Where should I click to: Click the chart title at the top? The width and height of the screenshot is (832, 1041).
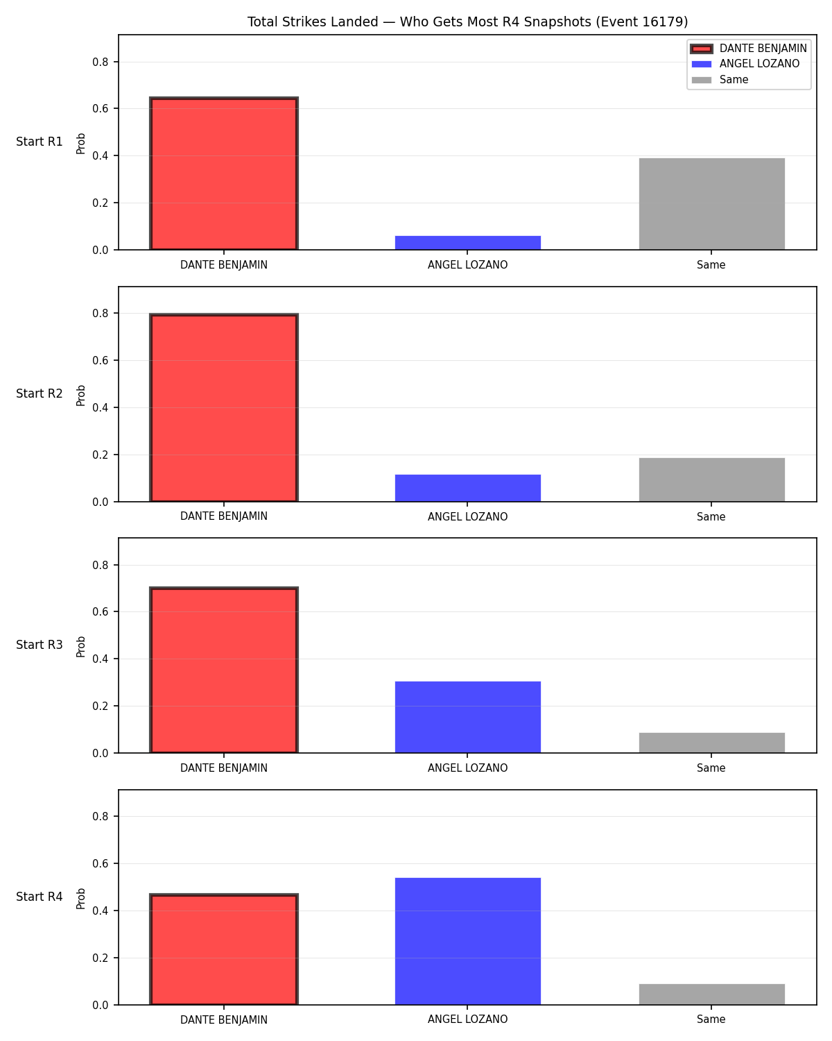tap(467, 22)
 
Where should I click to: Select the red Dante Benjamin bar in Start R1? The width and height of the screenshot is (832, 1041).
tap(223, 173)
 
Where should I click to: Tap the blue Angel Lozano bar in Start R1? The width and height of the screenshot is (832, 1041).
tap(467, 242)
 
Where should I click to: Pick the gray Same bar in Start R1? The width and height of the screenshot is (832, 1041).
tap(711, 203)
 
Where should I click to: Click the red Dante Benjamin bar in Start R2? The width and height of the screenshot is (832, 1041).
tap(223, 407)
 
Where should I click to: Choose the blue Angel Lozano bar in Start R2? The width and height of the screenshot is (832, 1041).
tap(467, 488)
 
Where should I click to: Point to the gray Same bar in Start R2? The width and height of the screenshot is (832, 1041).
tap(711, 480)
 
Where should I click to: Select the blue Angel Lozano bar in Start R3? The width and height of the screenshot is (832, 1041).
tap(467, 717)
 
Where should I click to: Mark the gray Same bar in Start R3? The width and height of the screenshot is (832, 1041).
tap(711, 743)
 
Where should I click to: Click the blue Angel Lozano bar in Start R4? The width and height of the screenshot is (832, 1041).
tap(467, 941)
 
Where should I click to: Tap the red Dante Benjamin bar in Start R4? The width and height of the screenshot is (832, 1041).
tap(223, 949)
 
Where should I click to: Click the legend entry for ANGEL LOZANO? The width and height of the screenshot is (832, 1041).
tap(759, 63)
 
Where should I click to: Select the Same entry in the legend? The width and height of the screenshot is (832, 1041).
tap(734, 79)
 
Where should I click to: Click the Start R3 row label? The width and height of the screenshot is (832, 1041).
tap(39, 644)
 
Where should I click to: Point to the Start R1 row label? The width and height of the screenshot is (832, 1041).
tap(39, 142)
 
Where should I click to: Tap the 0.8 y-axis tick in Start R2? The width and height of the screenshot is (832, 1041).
tap(100, 314)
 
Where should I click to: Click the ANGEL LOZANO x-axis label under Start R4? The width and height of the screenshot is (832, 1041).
tap(467, 1019)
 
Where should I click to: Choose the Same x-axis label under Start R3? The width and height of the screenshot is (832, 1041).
tap(711, 768)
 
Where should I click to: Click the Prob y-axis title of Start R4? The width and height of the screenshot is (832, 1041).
tap(80, 898)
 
